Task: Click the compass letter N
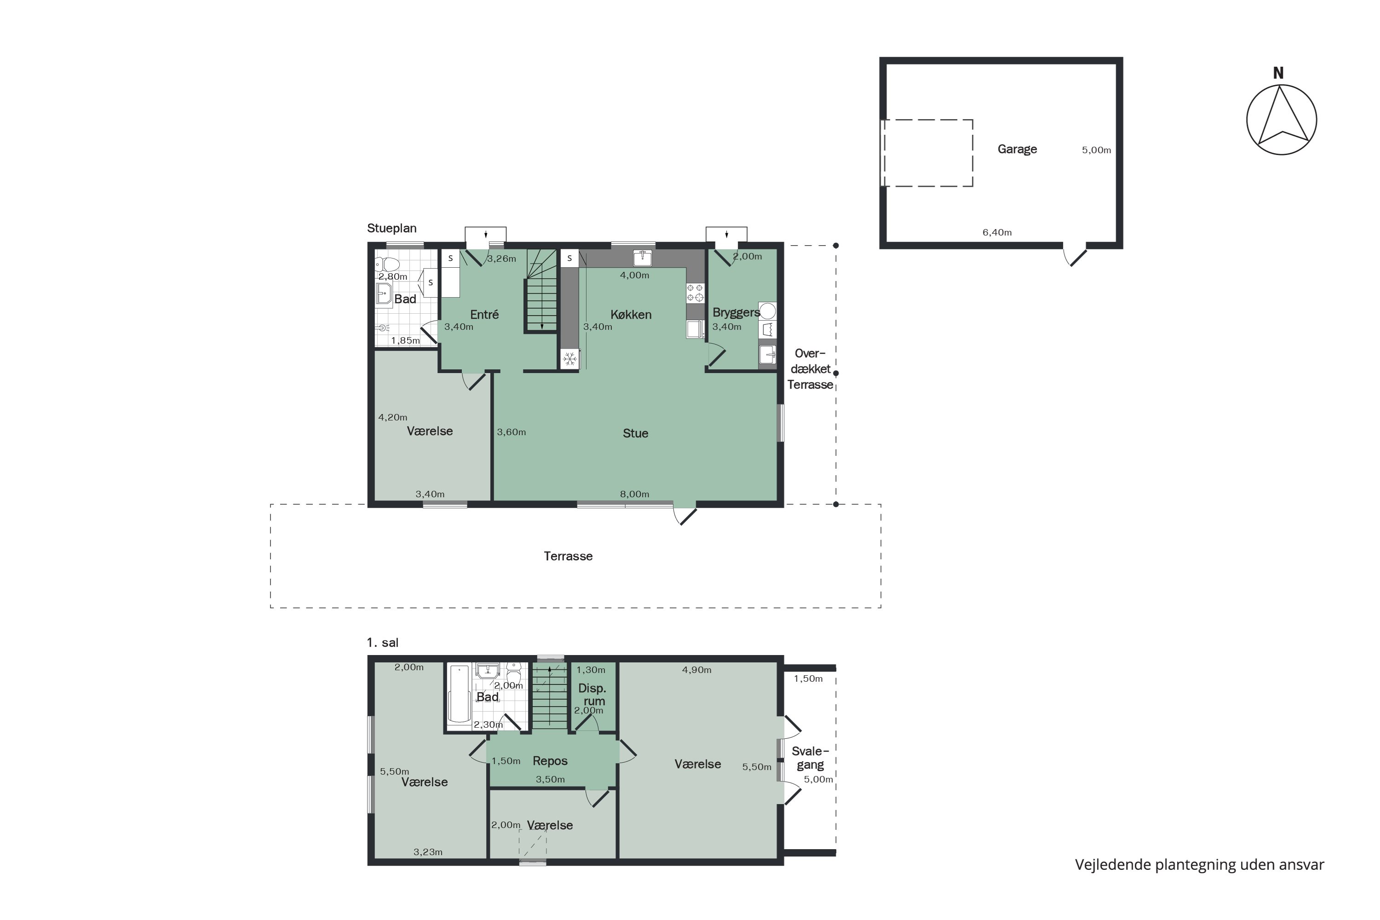1278,73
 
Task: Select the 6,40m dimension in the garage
997,232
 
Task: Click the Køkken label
631,315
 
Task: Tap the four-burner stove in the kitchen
695,293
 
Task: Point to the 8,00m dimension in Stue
634,494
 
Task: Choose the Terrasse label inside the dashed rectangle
568,556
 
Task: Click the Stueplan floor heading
392,228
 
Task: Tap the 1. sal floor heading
383,643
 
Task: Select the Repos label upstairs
550,761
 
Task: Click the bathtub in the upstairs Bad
460,694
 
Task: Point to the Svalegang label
810,758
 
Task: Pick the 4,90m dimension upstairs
696,670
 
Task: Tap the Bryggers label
736,312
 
